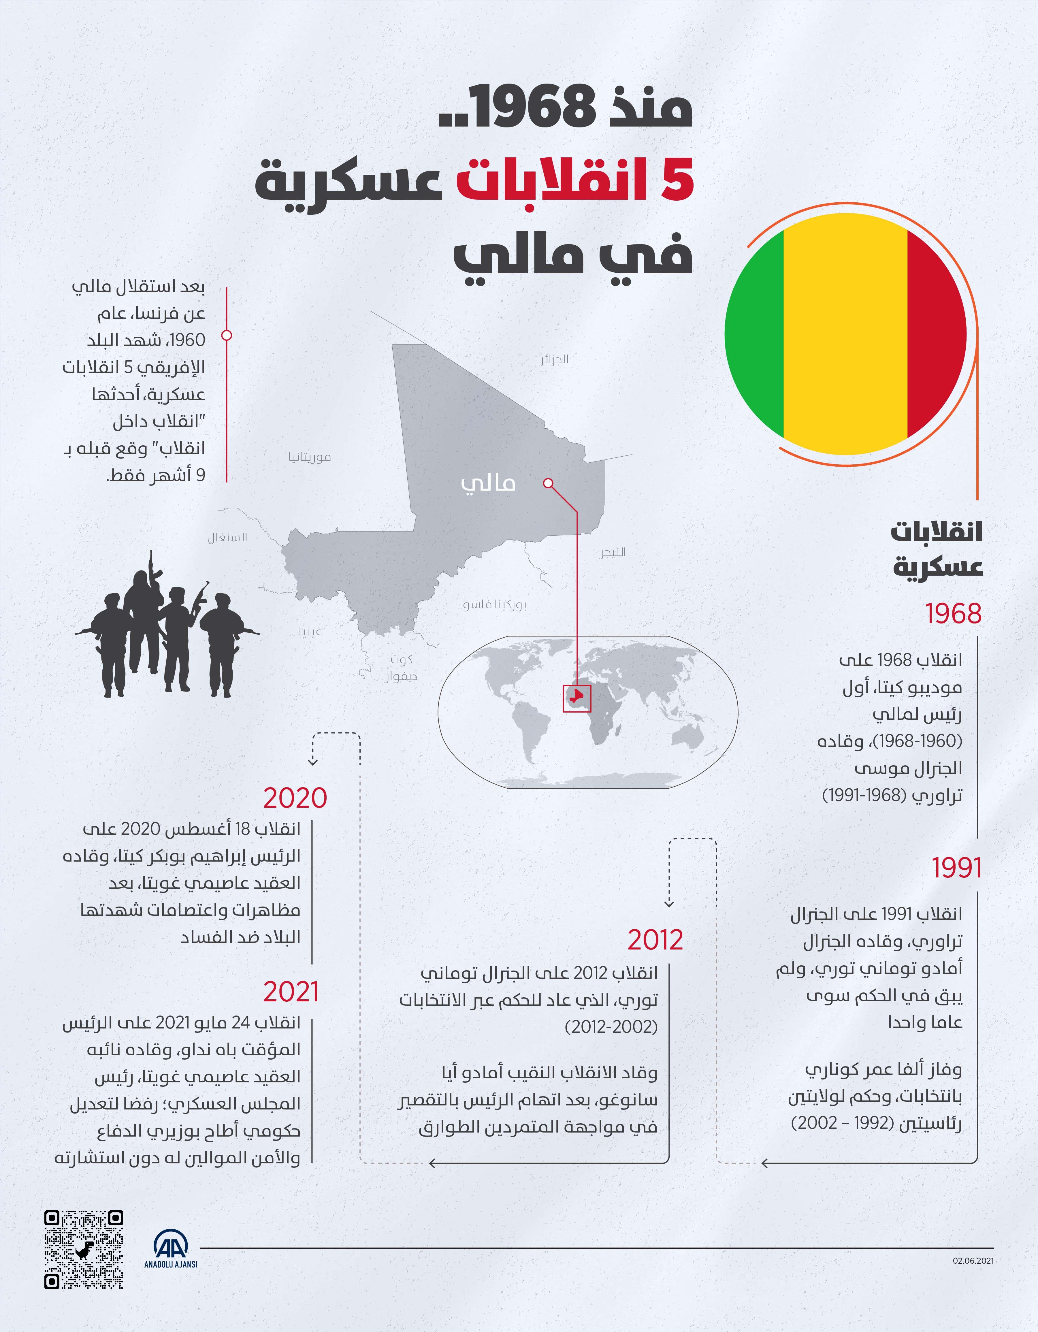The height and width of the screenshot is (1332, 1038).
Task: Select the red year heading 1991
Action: tap(956, 868)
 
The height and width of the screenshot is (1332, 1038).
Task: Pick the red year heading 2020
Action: tap(295, 798)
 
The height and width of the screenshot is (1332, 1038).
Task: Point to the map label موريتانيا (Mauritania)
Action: tap(310, 457)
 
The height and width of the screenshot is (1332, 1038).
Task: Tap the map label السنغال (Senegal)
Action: tap(227, 537)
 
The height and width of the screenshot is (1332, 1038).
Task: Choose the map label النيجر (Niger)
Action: tap(612, 552)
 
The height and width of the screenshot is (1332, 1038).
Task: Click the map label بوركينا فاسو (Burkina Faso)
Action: tap(495, 604)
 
